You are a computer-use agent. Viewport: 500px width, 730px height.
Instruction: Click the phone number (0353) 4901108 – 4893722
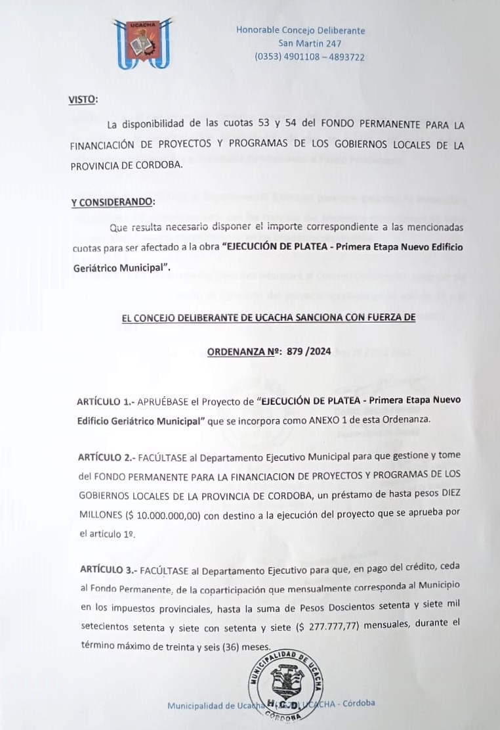click(310, 57)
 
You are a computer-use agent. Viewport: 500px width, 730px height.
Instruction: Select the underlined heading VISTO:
click(83, 100)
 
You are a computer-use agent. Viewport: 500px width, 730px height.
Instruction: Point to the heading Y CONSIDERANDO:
click(114, 202)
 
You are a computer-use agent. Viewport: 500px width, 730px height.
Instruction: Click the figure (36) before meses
click(230, 646)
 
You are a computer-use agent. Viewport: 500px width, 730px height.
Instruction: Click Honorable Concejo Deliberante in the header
click(301, 30)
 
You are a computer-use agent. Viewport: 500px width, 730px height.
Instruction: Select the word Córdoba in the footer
click(358, 703)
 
